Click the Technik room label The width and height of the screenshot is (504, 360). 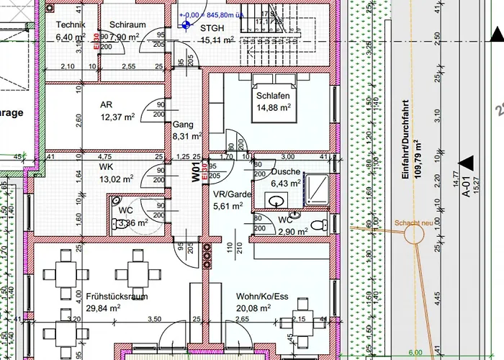tap(71, 25)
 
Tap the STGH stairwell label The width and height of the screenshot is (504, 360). tap(212, 28)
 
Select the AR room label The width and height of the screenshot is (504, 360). tap(107, 104)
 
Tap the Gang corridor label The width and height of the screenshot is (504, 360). tap(183, 125)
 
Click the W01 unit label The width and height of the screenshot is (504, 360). tap(195, 175)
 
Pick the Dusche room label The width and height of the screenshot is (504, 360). tap(285, 173)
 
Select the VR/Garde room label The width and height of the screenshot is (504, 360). tap(232, 194)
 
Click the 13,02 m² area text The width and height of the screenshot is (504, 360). tap(117, 179)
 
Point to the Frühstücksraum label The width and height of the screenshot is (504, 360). tap(117, 296)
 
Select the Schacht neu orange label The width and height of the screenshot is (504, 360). tap(413, 222)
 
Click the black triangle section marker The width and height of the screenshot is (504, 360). tap(467, 163)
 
